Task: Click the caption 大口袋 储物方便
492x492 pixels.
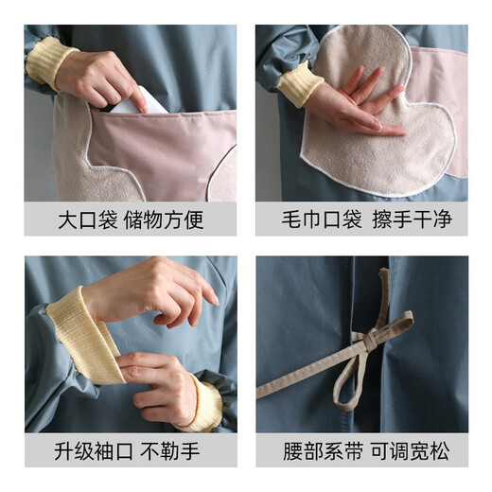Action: tap(131, 220)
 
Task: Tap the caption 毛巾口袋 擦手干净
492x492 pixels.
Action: tap(361, 220)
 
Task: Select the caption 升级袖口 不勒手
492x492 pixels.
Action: tap(131, 451)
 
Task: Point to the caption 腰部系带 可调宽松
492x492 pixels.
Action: tap(361, 451)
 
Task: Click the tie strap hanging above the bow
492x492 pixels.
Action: tap(382, 293)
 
